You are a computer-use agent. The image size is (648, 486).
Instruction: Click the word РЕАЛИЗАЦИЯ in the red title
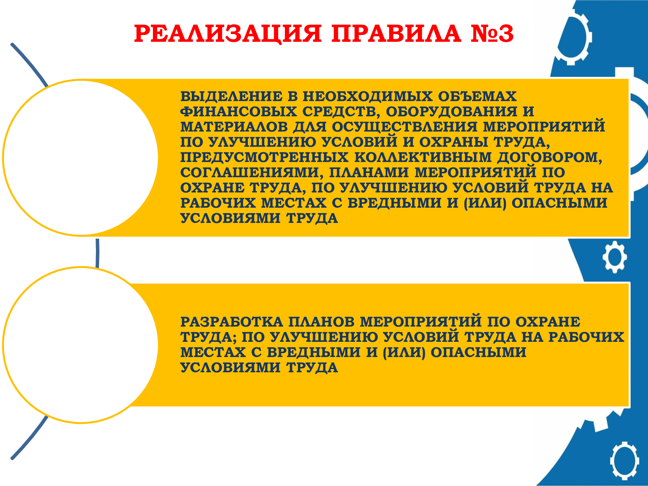tap(228, 34)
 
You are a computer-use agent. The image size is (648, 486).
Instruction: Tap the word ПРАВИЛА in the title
tap(396, 33)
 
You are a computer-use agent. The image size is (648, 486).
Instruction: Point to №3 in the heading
tap(492, 33)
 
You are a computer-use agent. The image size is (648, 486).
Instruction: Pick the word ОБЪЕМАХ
tap(478, 97)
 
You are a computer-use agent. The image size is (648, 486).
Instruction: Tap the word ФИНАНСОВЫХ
tap(238, 111)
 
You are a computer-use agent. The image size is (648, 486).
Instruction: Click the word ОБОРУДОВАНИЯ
tap(452, 111)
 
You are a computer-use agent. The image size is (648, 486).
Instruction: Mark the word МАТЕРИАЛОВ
tap(234, 127)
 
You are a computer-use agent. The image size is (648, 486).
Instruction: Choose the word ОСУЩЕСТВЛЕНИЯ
tap(405, 127)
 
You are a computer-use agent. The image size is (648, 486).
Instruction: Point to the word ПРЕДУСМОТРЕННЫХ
tap(264, 157)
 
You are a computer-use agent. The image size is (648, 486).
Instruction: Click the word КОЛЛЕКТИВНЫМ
tap(423, 157)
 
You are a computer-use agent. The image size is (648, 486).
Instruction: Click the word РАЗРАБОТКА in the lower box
tap(232, 322)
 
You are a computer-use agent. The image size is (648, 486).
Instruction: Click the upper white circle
tap(80, 158)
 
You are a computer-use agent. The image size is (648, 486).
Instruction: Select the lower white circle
tap(80, 345)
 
